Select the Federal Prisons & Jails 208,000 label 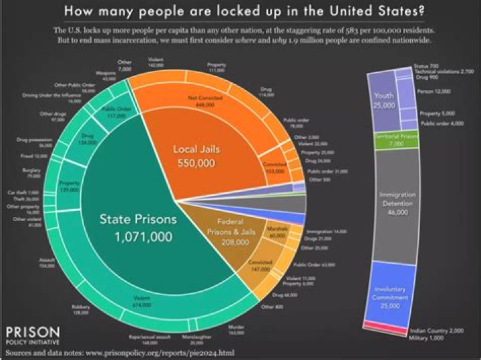pos(232,232)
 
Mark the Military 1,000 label pos(427,339)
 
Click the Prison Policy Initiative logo pos(32,335)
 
